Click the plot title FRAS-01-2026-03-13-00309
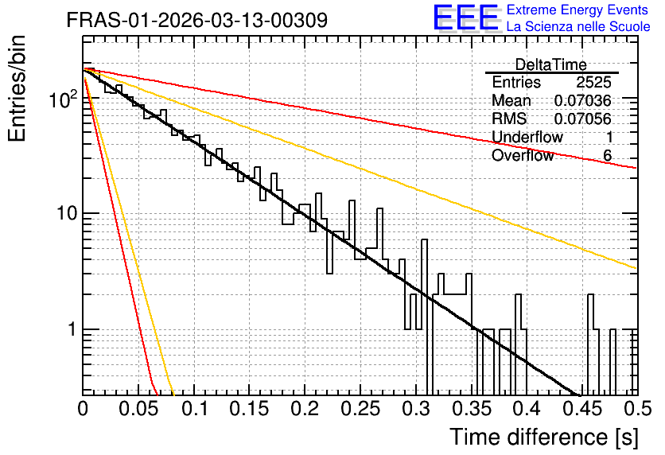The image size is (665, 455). pos(197,20)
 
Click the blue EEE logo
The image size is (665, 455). pos(466,18)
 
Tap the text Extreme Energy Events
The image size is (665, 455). pos(577,10)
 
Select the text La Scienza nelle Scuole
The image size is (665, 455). pos(578,26)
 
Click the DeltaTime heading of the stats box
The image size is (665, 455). pos(551,64)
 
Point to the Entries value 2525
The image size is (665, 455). pos(593,82)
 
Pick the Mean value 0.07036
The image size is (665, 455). pos(583,100)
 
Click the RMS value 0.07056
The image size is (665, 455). pos(583,119)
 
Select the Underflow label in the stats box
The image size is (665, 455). pos(527,138)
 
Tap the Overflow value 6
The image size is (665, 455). pos(607,156)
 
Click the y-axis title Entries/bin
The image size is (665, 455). pos(17,88)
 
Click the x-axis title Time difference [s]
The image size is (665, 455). pos(544,437)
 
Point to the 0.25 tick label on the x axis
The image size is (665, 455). pos(360,409)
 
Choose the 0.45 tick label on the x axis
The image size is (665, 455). pos(583,409)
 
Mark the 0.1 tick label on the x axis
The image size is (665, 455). pos(196,409)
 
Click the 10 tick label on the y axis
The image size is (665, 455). pos(68,213)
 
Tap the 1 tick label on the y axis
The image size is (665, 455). pos(72,329)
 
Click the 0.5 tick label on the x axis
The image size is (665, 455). pos(637,409)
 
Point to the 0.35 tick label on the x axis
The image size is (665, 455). pos(472,409)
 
